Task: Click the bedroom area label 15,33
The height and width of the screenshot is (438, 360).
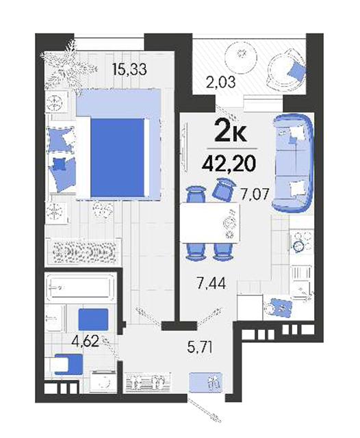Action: pos(129,69)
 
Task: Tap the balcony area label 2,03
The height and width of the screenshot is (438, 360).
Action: pos(220,82)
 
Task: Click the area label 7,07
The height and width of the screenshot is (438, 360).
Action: pos(255,194)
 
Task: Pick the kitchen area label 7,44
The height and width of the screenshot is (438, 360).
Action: pos(211,283)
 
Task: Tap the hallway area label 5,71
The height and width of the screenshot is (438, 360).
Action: pos(200,348)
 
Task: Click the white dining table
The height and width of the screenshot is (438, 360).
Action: pos(210,222)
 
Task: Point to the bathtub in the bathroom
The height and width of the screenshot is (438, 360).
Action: pos(80,287)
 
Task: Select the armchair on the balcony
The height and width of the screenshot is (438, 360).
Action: pos(285,68)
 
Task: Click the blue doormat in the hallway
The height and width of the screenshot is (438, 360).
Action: pos(206,382)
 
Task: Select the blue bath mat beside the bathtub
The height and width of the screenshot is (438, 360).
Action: pos(93,320)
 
